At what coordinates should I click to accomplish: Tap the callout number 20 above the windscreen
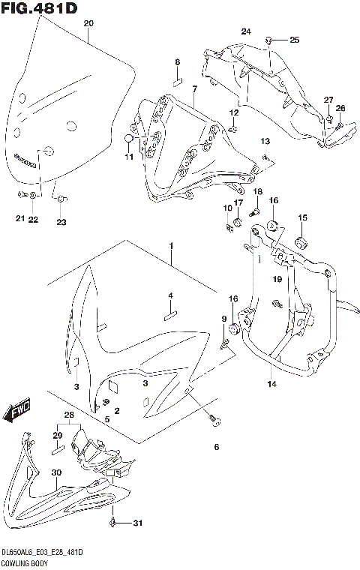pos(88,24)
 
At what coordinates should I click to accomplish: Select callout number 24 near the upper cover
pos(245,31)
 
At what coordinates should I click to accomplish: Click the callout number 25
pos(294,39)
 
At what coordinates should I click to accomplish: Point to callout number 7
pos(193,89)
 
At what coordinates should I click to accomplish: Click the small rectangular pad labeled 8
pos(178,78)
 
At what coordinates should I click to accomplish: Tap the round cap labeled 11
pos(129,139)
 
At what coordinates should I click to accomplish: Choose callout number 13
pos(264,141)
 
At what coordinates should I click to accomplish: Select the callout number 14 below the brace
pos(271,384)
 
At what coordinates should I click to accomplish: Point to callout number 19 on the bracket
pos(277,280)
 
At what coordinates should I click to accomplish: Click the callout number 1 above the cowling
pos(171,245)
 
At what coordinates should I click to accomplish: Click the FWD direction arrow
pos(14,412)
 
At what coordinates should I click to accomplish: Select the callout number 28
pos(69,415)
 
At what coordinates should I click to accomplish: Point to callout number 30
pos(56,472)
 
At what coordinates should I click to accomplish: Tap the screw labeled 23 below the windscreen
pos(61,199)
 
